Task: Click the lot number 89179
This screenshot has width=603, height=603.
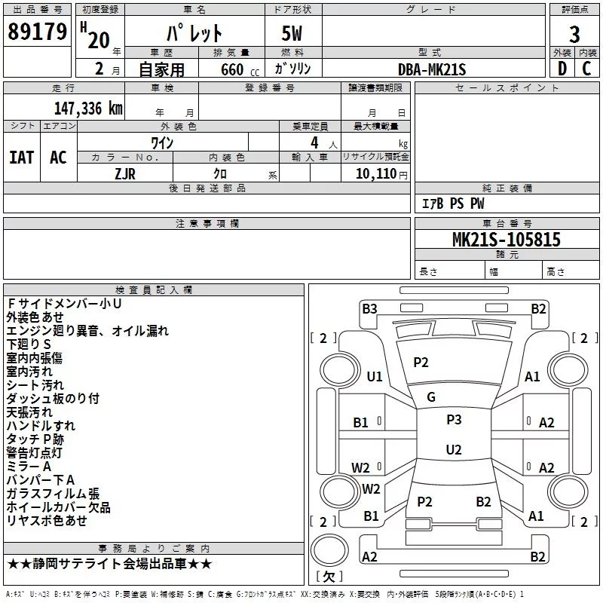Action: (x=37, y=32)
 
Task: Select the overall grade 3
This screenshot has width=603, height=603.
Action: (x=574, y=35)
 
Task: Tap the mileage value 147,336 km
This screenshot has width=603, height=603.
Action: (x=88, y=109)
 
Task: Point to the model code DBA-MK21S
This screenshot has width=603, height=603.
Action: (x=432, y=69)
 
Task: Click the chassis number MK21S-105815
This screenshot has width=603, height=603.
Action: (x=507, y=240)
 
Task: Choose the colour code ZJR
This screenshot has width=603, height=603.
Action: (x=125, y=174)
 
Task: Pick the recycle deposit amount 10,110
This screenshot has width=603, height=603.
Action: (x=376, y=173)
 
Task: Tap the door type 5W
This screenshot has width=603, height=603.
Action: (x=292, y=33)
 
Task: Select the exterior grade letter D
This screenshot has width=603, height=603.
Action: (x=562, y=69)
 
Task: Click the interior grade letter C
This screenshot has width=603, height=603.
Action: (x=586, y=69)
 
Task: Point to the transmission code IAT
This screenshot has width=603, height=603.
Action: (x=22, y=158)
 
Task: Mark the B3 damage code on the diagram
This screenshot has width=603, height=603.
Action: (x=369, y=309)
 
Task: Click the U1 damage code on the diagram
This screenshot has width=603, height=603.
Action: (x=375, y=376)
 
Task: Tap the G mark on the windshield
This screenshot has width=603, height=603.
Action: (x=431, y=397)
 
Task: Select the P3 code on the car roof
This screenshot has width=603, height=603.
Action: (x=454, y=420)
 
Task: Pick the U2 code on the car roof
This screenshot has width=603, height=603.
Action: (x=454, y=449)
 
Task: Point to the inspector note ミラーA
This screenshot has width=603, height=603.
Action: (x=29, y=467)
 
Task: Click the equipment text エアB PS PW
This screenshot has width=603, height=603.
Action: (x=453, y=204)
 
